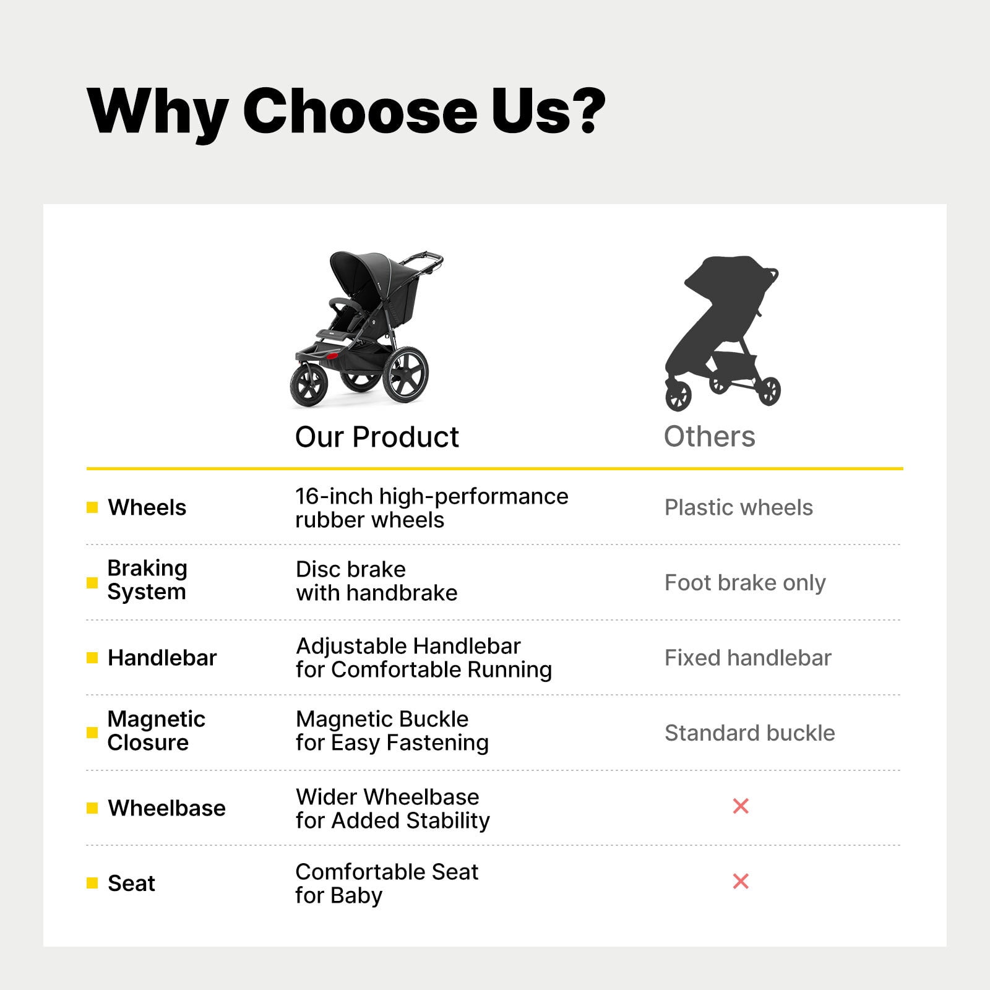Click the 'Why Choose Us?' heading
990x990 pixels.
click(x=346, y=111)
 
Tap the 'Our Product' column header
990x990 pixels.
click(x=377, y=437)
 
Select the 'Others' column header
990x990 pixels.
click(x=709, y=436)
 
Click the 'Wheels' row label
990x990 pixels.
click(x=147, y=507)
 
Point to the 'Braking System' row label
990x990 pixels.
click(x=147, y=580)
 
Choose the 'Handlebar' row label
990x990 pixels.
click(x=162, y=658)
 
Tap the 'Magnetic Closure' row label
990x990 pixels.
click(x=156, y=731)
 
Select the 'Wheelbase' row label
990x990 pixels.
click(x=166, y=808)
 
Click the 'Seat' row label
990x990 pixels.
click(x=131, y=883)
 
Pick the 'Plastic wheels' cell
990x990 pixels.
click(x=738, y=507)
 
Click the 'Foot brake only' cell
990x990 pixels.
click(x=745, y=583)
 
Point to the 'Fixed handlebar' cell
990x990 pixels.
click(x=747, y=658)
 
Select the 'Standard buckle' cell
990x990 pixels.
click(x=749, y=733)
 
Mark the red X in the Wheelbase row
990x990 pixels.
click(x=741, y=806)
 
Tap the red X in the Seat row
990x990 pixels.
click(x=741, y=881)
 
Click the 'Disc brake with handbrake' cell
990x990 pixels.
click(x=376, y=581)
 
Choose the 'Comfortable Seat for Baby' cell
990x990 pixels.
click(x=387, y=884)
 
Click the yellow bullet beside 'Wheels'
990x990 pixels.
click(x=92, y=507)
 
